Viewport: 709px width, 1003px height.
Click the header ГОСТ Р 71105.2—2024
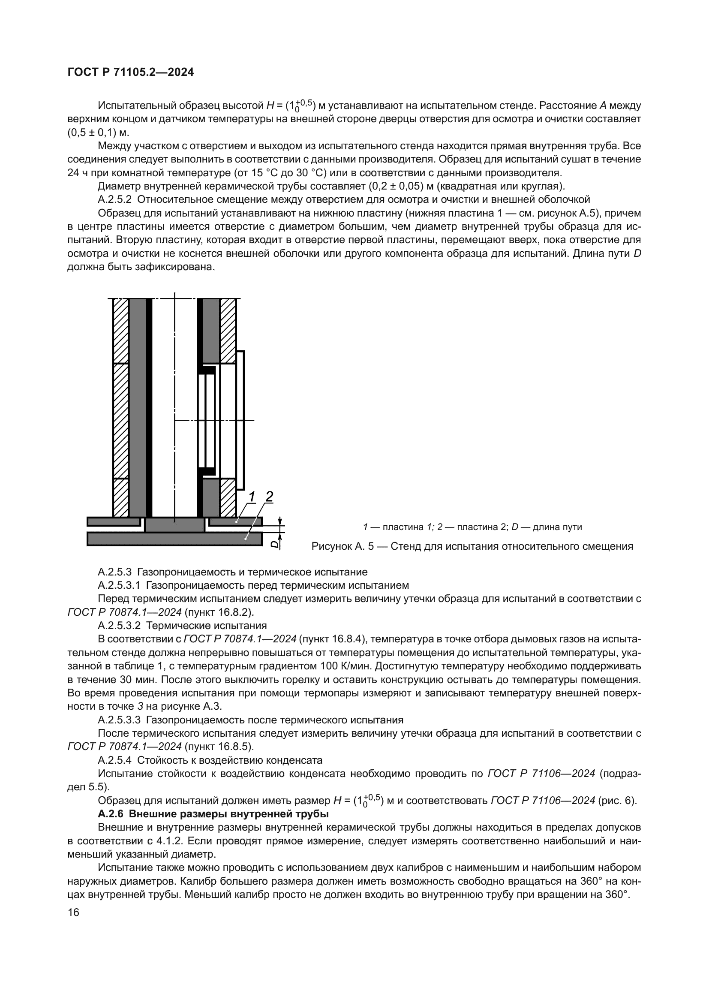pos(131,72)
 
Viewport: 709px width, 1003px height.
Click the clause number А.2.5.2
pos(115,200)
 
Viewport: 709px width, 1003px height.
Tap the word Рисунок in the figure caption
pos(329,546)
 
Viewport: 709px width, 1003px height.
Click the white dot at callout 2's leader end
pos(246,539)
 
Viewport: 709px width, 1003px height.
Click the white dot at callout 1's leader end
pos(237,521)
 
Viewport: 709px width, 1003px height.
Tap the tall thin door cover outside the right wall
pos(240,420)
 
